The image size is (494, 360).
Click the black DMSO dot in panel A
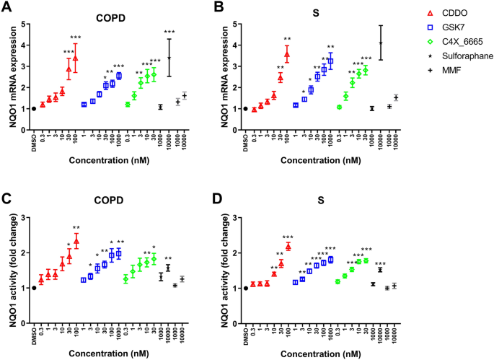34,108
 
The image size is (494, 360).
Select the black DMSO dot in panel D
245,288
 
